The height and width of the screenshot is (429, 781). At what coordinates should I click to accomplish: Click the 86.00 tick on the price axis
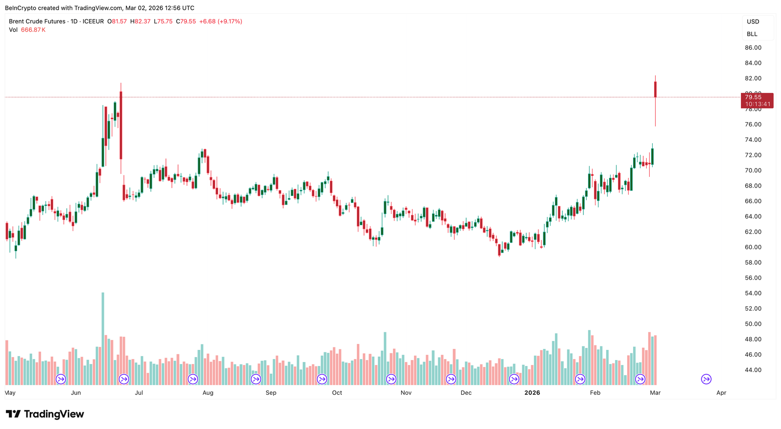pos(753,48)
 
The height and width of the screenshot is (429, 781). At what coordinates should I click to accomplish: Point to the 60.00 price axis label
pos(753,247)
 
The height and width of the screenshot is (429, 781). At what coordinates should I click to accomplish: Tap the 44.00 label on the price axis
pos(753,370)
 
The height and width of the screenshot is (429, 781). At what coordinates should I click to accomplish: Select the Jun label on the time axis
pos(76,393)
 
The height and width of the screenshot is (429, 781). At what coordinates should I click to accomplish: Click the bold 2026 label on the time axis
pos(532,393)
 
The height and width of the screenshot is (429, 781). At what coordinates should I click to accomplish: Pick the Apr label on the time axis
pos(721,393)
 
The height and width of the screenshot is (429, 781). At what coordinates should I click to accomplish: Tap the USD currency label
pos(753,21)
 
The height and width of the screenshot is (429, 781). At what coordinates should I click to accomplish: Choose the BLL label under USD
pos(752,34)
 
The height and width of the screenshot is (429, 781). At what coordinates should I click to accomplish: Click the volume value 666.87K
pos(33,30)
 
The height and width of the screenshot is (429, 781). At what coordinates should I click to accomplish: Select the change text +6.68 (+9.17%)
pos(221,21)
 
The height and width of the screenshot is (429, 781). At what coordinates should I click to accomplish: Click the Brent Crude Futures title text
pos(37,21)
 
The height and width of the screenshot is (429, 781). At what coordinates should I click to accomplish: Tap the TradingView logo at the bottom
pos(45,414)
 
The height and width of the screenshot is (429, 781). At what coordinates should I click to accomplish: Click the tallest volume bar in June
pos(103,337)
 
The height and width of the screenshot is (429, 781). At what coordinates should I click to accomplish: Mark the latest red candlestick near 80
pos(656,89)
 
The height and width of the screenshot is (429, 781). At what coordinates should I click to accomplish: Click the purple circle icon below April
pos(706,379)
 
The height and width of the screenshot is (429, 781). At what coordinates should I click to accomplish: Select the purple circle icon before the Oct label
pos(322,379)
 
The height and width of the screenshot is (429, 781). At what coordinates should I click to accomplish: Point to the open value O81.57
pos(117,21)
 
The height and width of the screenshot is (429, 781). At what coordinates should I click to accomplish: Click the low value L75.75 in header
pos(163,21)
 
